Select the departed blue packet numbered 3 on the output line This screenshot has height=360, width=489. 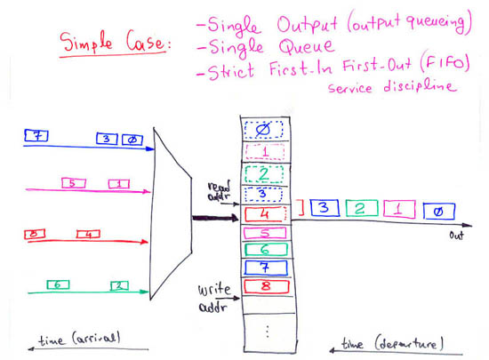click(x=325, y=208)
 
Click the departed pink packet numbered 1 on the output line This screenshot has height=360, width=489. click(x=399, y=210)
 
